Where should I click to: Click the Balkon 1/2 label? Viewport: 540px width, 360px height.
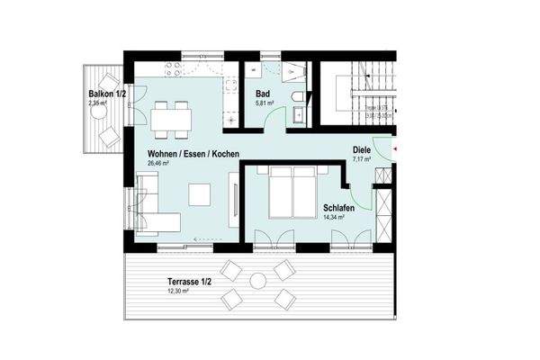coord(106,94)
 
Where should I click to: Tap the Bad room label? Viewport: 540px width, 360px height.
coord(261,94)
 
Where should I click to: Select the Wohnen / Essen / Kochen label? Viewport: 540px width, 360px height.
coord(193,155)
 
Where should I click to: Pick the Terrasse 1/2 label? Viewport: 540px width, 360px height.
coord(187,282)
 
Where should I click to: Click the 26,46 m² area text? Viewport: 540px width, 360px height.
coord(165,165)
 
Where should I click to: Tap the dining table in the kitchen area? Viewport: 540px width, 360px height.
coord(172,116)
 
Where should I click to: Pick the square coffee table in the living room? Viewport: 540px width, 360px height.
coord(200,193)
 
